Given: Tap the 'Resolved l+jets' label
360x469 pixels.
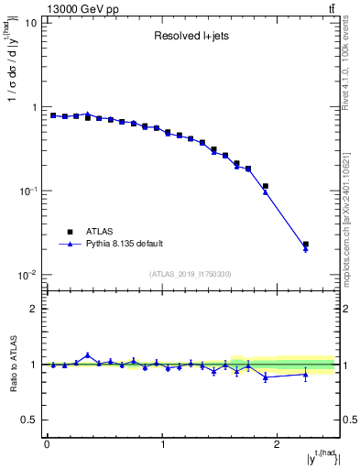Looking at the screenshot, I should click(x=191, y=38).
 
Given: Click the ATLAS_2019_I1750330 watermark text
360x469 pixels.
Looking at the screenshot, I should click(x=191, y=274).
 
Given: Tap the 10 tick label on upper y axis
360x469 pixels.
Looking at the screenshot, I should click(x=31, y=23).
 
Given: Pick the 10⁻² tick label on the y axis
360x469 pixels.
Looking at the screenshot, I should click(x=27, y=275).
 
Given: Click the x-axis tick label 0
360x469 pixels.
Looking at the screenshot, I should click(x=47, y=443).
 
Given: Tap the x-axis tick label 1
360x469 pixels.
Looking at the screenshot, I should click(x=162, y=443).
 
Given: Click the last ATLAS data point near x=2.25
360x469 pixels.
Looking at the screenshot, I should click(x=306, y=245).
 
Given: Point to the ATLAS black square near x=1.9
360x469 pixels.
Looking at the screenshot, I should click(x=266, y=186).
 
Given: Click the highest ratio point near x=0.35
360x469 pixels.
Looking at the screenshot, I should click(x=88, y=355).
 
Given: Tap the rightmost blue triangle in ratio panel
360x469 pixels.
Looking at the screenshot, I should click(x=306, y=375).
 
